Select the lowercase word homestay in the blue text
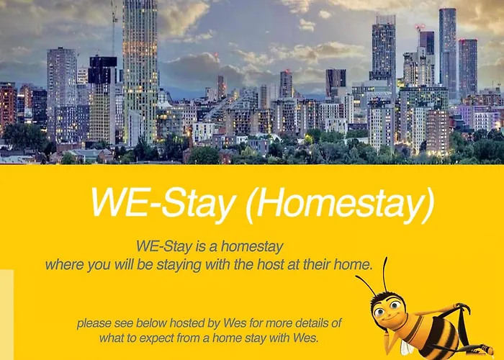[x=256, y=246]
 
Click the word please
[x=94, y=323]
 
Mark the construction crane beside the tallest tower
[x=114, y=29]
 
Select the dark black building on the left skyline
[x=103, y=71]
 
